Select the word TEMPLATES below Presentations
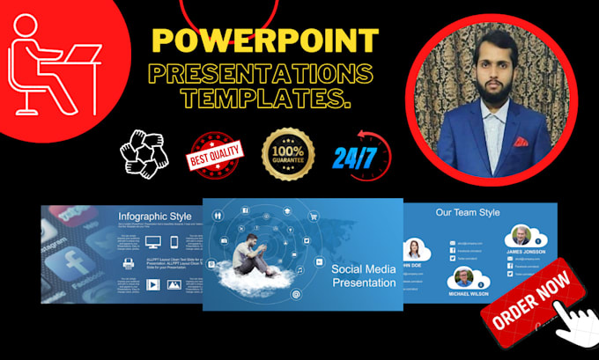(x=267, y=100)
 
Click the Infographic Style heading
(x=156, y=217)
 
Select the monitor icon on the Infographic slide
(x=153, y=242)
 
